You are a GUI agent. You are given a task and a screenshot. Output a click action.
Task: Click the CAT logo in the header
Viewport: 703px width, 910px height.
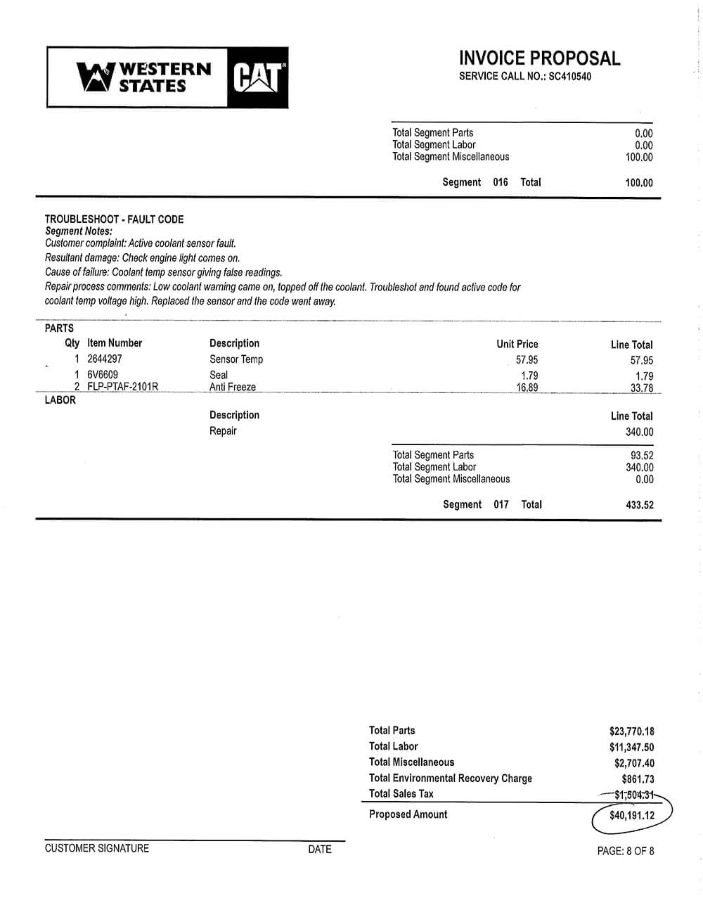click(x=258, y=77)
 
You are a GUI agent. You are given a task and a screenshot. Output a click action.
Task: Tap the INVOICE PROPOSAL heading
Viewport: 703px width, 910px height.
click(x=539, y=58)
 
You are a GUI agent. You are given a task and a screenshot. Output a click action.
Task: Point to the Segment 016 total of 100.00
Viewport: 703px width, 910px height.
click(x=638, y=183)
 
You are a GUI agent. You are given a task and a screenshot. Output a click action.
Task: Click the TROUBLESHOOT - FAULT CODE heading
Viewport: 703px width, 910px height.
click(x=114, y=219)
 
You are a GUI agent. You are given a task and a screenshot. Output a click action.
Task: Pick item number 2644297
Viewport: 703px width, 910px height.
click(x=105, y=359)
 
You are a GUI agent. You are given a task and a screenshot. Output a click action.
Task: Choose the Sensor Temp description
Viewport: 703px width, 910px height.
click(x=236, y=359)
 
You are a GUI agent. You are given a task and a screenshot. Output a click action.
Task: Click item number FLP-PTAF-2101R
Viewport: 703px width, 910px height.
click(x=122, y=387)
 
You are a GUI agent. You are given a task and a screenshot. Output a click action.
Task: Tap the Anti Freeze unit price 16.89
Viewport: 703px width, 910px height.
click(x=527, y=387)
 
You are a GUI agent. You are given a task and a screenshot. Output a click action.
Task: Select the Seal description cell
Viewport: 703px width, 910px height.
click(x=219, y=375)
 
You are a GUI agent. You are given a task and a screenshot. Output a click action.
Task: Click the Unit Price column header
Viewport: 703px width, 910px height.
click(x=517, y=344)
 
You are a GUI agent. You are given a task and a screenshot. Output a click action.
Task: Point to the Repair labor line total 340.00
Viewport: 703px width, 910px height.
click(x=639, y=432)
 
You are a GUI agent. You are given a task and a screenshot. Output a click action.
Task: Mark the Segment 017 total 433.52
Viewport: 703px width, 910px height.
click(x=639, y=505)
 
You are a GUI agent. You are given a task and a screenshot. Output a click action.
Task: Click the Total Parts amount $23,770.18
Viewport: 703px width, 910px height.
click(x=631, y=731)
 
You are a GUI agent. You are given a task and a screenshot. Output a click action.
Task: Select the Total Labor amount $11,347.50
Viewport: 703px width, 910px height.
click(x=631, y=748)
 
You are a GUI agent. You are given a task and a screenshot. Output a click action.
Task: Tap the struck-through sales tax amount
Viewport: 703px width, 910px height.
click(x=633, y=795)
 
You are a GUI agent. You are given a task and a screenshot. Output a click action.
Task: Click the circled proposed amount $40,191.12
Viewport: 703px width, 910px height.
click(x=631, y=816)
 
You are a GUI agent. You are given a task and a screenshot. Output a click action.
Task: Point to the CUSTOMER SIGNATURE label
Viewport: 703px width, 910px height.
click(x=97, y=848)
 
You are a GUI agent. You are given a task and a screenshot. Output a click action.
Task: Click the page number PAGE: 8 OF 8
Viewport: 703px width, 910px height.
click(x=625, y=851)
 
